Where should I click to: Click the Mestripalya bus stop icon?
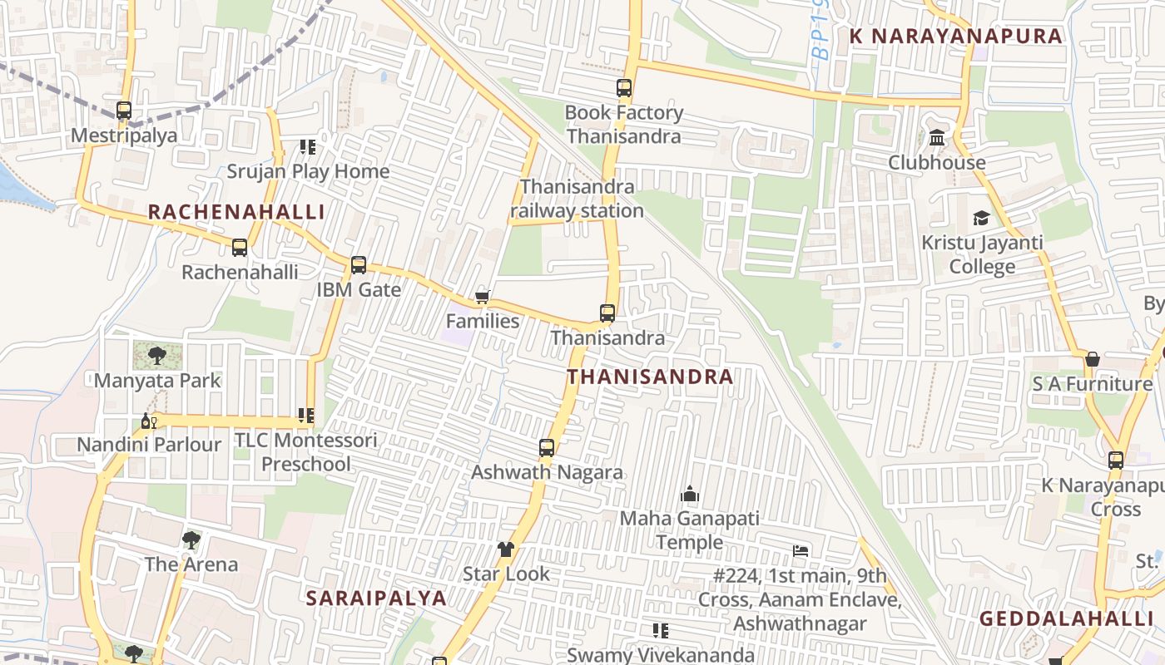tap(124, 110)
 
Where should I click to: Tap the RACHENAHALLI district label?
tap(236, 212)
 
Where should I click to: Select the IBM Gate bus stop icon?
tap(359, 265)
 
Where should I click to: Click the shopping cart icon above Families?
tap(482, 297)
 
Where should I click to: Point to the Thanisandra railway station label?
tap(577, 199)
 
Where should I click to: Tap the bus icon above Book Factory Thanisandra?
tap(624, 87)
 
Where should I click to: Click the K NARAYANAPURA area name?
tap(955, 36)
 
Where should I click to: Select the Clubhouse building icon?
tap(937, 137)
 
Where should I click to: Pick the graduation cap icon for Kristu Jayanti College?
tap(982, 218)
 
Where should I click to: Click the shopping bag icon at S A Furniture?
tap(1093, 359)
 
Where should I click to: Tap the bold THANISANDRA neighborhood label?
tap(650, 377)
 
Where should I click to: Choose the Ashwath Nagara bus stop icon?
tap(547, 448)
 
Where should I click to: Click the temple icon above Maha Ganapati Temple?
tap(690, 495)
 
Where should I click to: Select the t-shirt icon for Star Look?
tap(506, 549)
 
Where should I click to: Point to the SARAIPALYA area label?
tap(376, 598)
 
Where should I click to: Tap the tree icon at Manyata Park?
tap(156, 356)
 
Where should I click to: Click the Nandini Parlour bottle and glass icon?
tap(149, 421)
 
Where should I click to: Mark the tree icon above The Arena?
tap(191, 539)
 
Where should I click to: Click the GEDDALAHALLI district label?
tap(1066, 618)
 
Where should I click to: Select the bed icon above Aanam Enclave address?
tap(801, 550)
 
